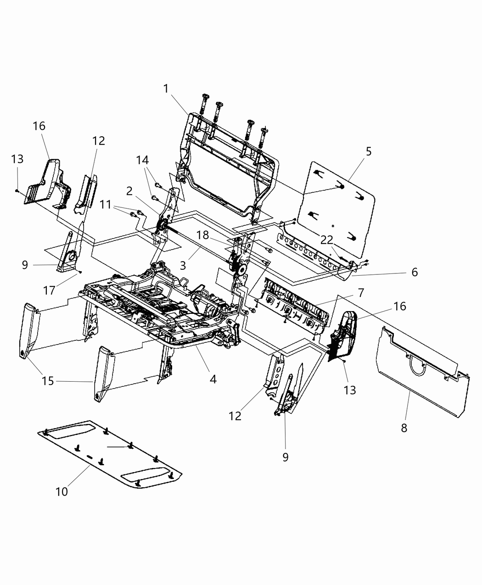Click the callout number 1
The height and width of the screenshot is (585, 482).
click(x=166, y=89)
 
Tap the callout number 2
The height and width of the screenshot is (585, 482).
click(x=130, y=190)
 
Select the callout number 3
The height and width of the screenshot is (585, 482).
click(x=183, y=265)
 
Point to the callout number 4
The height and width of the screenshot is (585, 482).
click(x=213, y=379)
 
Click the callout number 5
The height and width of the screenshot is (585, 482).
click(x=369, y=151)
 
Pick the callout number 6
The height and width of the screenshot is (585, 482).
click(x=415, y=272)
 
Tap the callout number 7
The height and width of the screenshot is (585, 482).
click(x=361, y=292)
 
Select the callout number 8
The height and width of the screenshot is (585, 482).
click(x=404, y=428)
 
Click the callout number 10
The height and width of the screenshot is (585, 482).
click(x=62, y=491)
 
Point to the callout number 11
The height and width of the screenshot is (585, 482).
click(x=106, y=205)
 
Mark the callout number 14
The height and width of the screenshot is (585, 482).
click(x=142, y=160)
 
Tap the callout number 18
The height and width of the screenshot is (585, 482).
click(x=203, y=235)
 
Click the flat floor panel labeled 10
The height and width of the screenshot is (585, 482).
click(x=110, y=459)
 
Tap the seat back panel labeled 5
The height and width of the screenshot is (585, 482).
click(x=337, y=202)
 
